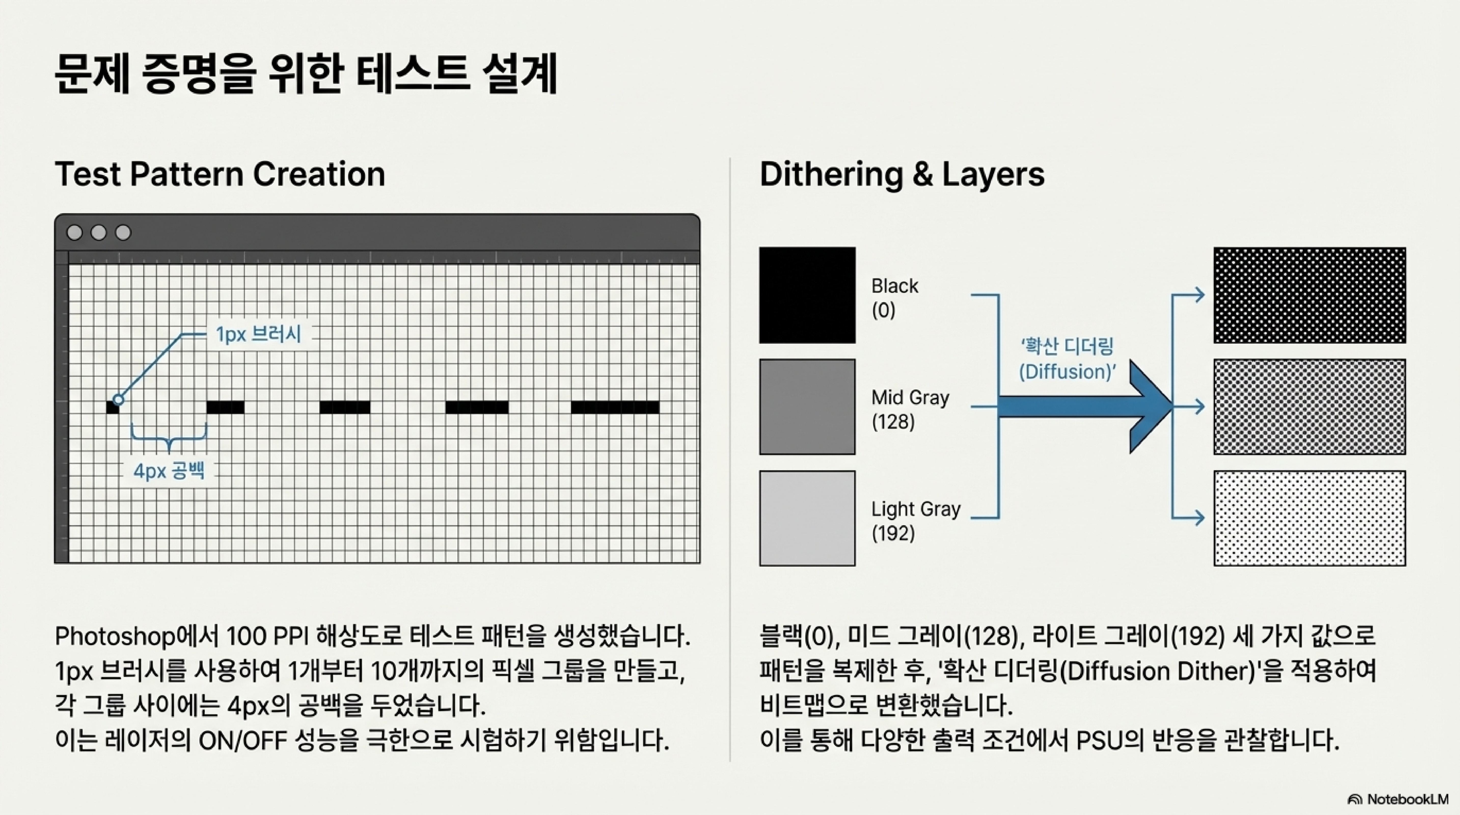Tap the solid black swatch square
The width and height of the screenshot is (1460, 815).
point(807,295)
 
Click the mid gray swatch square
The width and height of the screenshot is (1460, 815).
point(807,406)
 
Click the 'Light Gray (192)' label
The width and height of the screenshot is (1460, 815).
point(915,520)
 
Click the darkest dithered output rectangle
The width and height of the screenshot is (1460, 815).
point(1309,295)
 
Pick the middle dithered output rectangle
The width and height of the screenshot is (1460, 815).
point(1309,406)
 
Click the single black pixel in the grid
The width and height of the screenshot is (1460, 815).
point(112,407)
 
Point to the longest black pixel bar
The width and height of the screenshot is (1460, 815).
point(615,407)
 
